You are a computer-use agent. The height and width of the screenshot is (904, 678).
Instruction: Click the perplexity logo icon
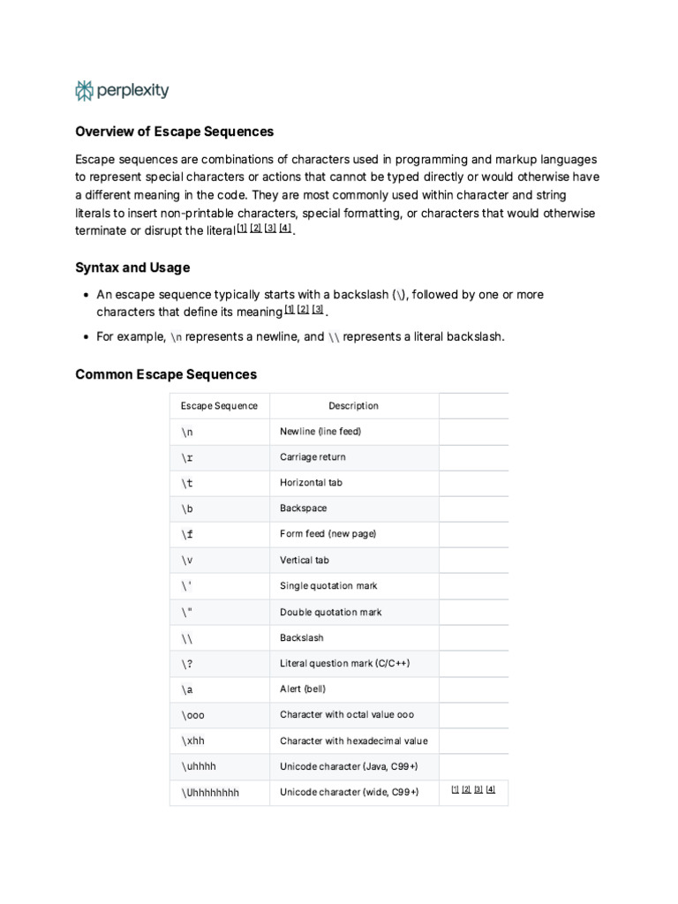[x=84, y=90]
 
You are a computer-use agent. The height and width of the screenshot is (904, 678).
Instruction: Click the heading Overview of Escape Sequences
[x=175, y=132]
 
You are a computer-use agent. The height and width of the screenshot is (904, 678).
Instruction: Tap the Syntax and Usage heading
[x=132, y=267]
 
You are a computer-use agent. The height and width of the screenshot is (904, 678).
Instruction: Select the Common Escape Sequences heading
[x=166, y=374]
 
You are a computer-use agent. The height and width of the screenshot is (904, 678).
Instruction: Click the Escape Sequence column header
[x=219, y=406]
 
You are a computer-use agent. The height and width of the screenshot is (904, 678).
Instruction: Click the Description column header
[x=353, y=406]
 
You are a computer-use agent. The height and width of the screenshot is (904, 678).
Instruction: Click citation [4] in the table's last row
[x=491, y=789]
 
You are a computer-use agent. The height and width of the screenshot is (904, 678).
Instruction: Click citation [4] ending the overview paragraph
[x=284, y=228]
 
